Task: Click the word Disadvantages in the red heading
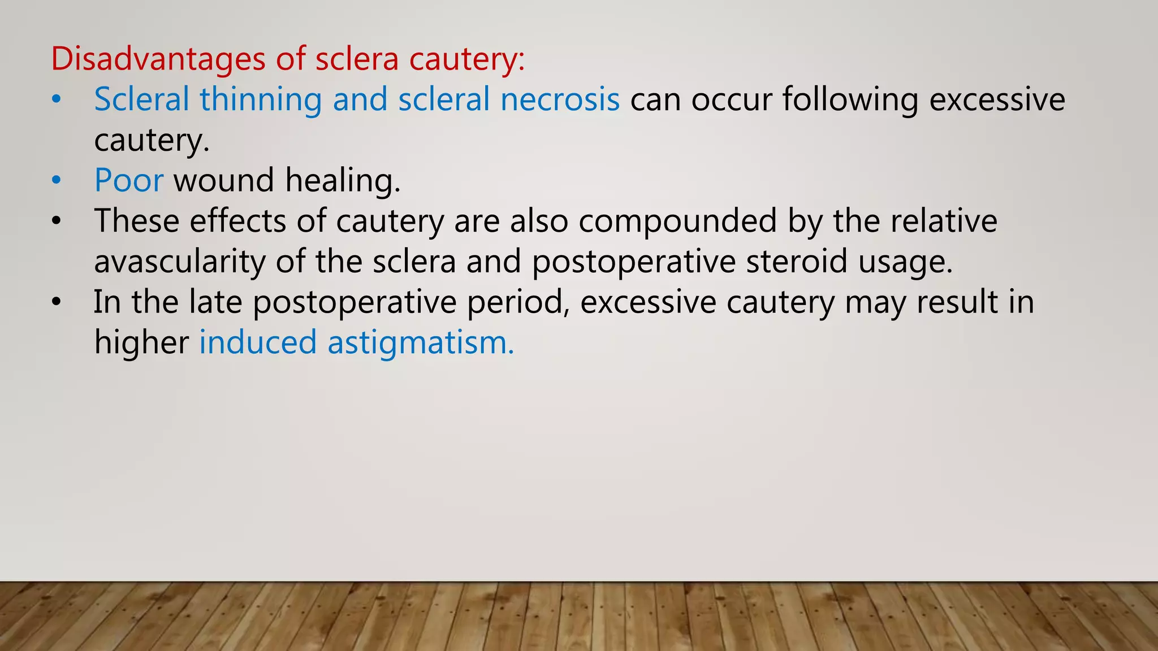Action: tap(158, 59)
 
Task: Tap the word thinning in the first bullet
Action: tap(261, 99)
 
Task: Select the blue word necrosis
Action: tap(560, 99)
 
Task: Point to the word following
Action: tap(850, 99)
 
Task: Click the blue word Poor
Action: tap(129, 180)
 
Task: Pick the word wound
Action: tap(224, 180)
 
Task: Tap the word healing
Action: tap(343, 181)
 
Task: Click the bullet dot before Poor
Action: tap(55, 181)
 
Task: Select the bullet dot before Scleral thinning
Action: tap(55, 100)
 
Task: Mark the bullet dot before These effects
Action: tap(55, 222)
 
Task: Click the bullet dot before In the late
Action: tap(55, 302)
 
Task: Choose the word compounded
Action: tap(677, 221)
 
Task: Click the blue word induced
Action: tap(258, 342)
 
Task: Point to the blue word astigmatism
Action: tap(421, 343)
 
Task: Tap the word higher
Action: tap(141, 343)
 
